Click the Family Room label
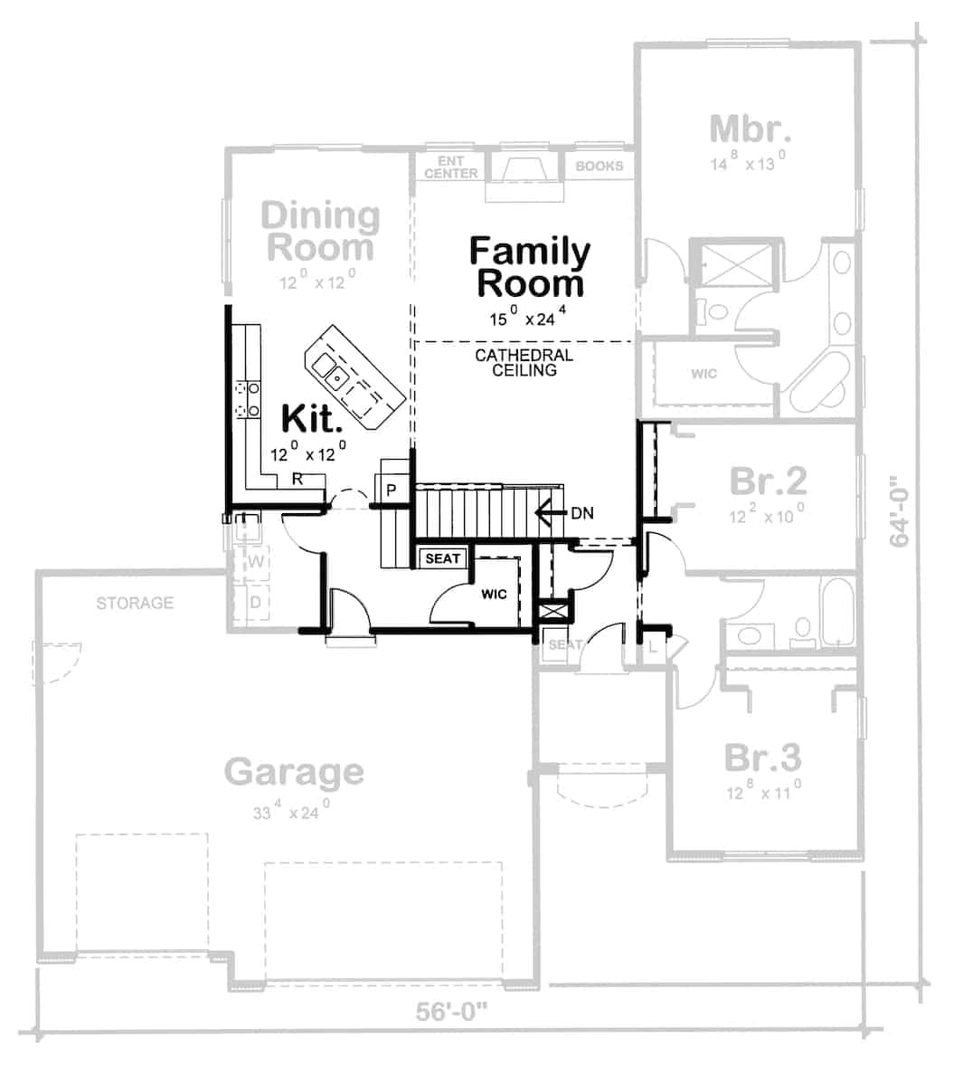point(530,267)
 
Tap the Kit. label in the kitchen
point(312,419)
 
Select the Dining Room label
point(320,231)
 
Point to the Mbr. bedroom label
point(750,129)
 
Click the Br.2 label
point(768,481)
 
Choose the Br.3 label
point(762,757)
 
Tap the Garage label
point(294,772)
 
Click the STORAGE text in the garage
point(135,603)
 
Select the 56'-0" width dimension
point(451,1011)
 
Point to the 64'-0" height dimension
point(899,511)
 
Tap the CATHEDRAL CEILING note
point(524,363)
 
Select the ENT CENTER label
point(450,167)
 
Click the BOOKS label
point(599,167)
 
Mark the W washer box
point(256,562)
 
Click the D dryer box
point(256,601)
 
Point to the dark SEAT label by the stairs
point(442,558)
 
